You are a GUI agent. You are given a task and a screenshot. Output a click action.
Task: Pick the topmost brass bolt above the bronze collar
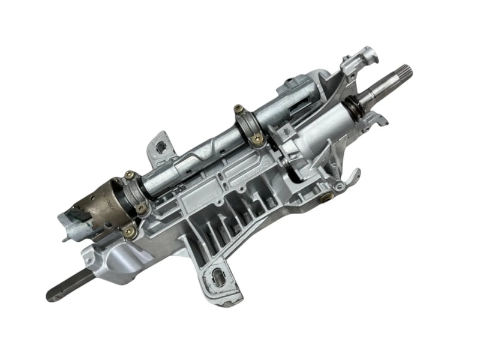pos(128,175)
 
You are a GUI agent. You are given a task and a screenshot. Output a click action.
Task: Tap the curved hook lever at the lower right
pos(351,180)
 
